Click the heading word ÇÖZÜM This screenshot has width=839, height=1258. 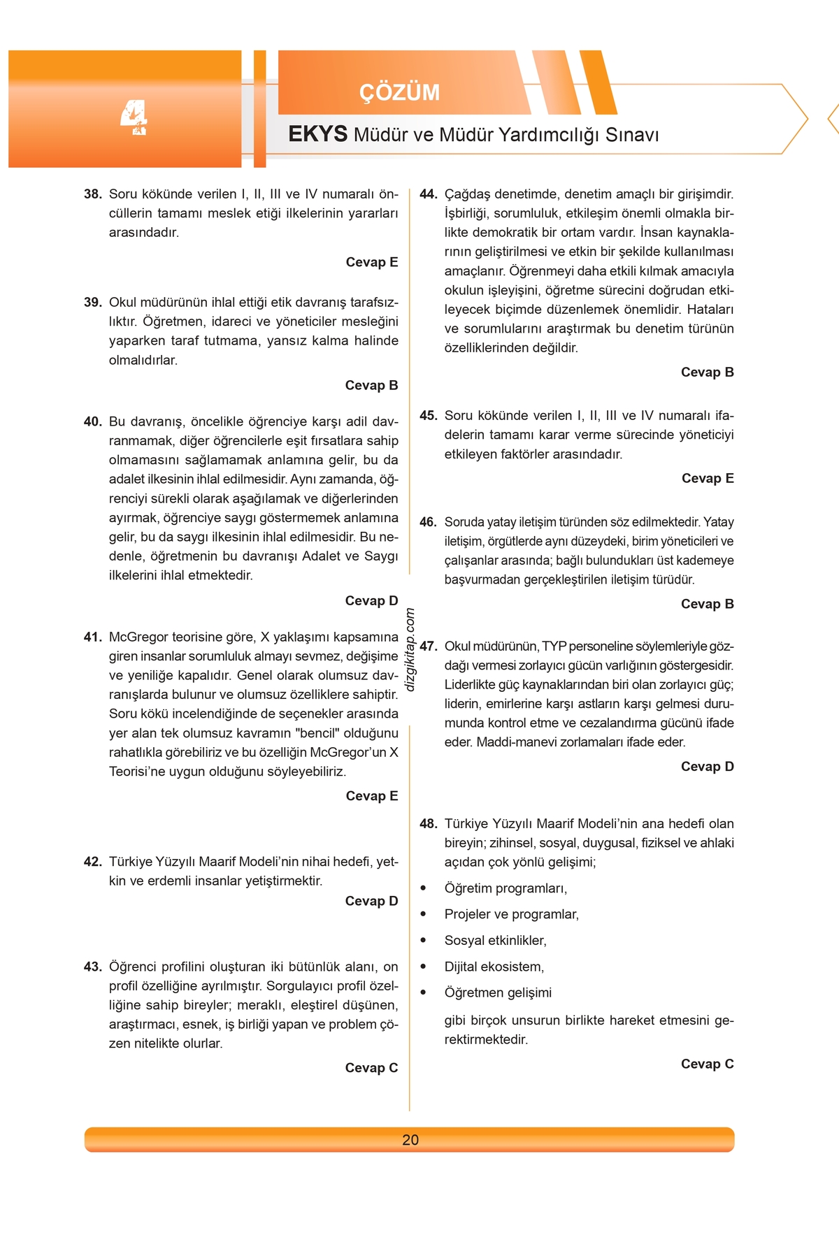[x=399, y=92]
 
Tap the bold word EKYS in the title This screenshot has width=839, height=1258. [x=317, y=133]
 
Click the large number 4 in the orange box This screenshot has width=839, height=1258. [x=134, y=117]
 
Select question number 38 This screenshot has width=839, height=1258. [x=93, y=194]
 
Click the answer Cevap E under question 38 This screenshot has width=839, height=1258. [x=371, y=262]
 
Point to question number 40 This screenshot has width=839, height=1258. [x=93, y=421]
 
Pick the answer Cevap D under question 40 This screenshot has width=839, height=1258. [x=371, y=600]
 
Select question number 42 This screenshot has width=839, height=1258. [x=93, y=862]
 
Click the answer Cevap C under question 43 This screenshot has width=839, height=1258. [x=371, y=1067]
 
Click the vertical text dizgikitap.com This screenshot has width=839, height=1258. [x=410, y=649]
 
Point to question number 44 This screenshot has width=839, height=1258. [x=429, y=194]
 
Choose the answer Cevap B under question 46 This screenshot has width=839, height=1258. [x=707, y=604]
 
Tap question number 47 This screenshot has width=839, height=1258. [x=429, y=646]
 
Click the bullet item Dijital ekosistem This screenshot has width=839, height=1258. [x=494, y=967]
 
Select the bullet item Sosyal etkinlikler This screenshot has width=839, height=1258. [x=495, y=941]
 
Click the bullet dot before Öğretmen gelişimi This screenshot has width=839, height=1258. [x=423, y=992]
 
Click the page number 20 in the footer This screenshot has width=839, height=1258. [x=410, y=1140]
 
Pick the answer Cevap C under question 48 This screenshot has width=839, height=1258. [x=707, y=1064]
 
